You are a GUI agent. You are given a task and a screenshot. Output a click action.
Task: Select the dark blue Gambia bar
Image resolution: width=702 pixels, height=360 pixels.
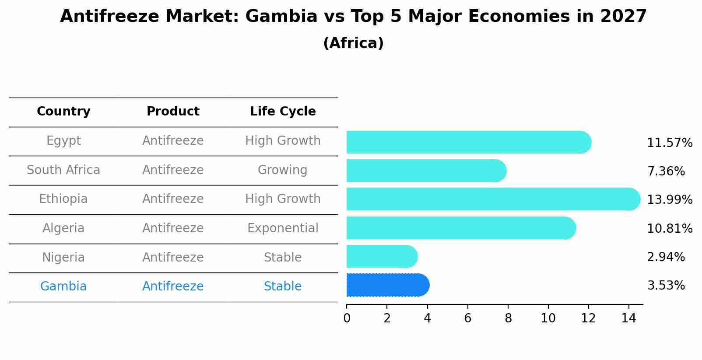click(x=387, y=285)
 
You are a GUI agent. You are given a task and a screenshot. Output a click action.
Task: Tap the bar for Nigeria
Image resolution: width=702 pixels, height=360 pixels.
click(x=382, y=256)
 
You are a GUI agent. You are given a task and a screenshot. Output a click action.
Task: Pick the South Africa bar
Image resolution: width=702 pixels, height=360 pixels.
click(x=426, y=171)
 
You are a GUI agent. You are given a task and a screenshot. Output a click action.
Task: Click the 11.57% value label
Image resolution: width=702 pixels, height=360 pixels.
click(x=669, y=143)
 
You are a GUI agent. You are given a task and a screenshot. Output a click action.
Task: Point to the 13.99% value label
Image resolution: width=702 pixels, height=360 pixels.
click(x=669, y=200)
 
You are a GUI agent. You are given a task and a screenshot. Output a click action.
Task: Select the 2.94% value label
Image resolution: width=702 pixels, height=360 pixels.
click(x=665, y=257)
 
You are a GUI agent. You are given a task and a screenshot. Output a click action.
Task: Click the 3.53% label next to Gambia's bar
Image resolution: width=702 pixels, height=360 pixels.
click(x=665, y=286)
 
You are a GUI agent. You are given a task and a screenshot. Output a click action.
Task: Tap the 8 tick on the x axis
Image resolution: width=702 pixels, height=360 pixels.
click(x=508, y=318)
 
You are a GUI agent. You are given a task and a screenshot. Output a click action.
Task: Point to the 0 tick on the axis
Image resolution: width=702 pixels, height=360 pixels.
click(x=347, y=318)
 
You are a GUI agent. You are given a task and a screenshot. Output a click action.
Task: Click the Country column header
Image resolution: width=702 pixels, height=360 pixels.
click(x=63, y=112)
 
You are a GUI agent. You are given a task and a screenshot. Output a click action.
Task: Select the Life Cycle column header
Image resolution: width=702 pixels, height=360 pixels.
click(x=283, y=112)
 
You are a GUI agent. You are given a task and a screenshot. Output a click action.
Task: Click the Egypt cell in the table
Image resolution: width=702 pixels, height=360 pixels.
click(x=63, y=141)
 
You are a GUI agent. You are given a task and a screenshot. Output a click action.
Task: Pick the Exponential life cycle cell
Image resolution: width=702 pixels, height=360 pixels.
click(x=283, y=228)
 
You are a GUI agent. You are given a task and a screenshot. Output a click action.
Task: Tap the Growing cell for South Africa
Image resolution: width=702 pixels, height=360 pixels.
click(x=282, y=170)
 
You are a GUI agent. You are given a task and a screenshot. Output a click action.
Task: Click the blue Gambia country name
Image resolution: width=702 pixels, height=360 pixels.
click(x=63, y=287)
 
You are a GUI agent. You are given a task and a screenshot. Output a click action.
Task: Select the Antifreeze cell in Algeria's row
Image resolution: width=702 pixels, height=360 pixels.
click(x=173, y=228)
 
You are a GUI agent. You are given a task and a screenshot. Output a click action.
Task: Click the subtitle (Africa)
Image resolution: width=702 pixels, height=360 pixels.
click(x=353, y=43)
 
